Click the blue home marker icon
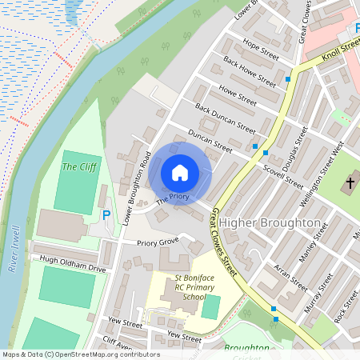coord(180,172)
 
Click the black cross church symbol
coord(349,184)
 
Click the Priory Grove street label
coord(158,242)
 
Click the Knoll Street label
coord(341,54)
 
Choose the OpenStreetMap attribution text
coord(80,354)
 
